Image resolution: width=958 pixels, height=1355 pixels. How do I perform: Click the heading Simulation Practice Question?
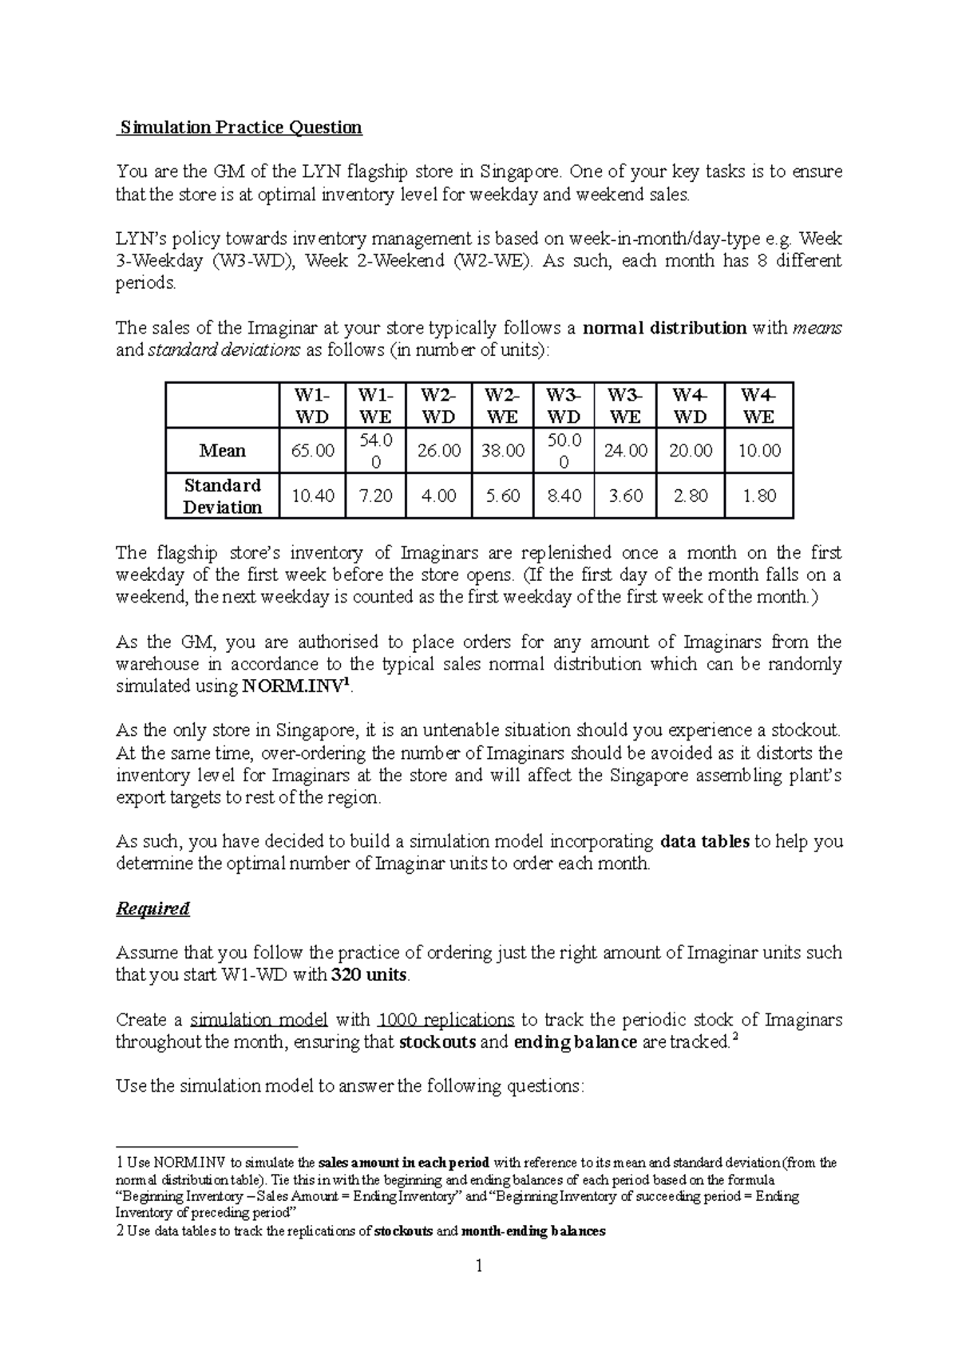point(239,127)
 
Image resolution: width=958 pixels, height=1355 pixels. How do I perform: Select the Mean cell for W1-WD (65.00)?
point(312,451)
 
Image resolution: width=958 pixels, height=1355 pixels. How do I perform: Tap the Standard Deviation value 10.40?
point(312,496)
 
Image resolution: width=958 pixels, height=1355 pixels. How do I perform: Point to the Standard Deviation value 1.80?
point(758,496)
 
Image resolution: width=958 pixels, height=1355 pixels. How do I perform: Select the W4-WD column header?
point(690,405)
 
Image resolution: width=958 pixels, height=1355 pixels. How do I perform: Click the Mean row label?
point(222,451)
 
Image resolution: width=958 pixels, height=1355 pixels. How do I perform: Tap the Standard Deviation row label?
point(222,496)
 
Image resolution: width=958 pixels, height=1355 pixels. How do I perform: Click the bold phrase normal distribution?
point(665,328)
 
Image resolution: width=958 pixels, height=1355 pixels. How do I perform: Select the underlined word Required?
point(152,908)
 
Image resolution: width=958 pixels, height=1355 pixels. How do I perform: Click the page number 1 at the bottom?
point(479,1266)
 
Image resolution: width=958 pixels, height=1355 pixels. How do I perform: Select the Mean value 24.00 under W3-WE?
point(625,451)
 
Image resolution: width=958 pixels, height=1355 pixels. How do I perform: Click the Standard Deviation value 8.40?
point(564,496)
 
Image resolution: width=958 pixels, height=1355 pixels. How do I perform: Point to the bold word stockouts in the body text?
point(437,1042)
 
